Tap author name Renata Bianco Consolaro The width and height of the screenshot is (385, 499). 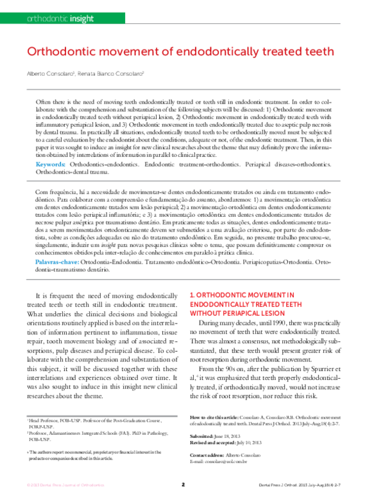[x=111, y=74]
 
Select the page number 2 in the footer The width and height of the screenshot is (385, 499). [x=183, y=484]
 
